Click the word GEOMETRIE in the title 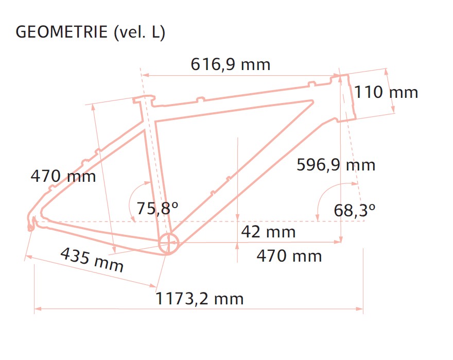click(62, 32)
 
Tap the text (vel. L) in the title click(140, 32)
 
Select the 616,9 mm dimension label click(231, 64)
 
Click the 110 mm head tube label click(386, 92)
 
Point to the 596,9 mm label click(336, 165)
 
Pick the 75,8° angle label click(157, 208)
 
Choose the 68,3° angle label click(355, 210)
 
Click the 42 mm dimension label click(268, 232)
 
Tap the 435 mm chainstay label click(92, 260)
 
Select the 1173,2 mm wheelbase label click(200, 298)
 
